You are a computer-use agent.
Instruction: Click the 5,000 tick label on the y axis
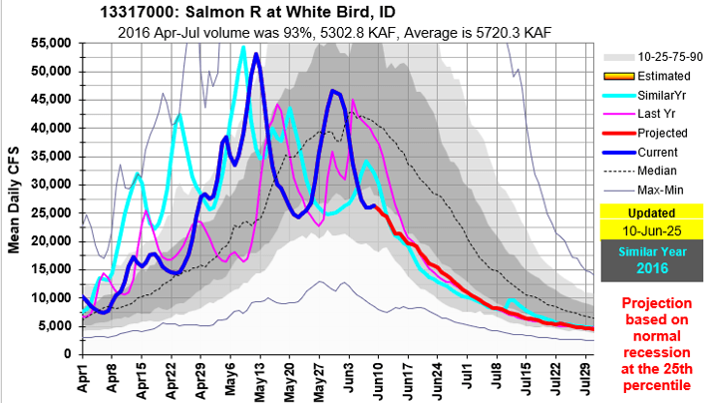53,326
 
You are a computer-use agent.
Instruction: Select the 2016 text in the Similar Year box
649,268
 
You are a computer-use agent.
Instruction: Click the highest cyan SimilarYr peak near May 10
242,47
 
